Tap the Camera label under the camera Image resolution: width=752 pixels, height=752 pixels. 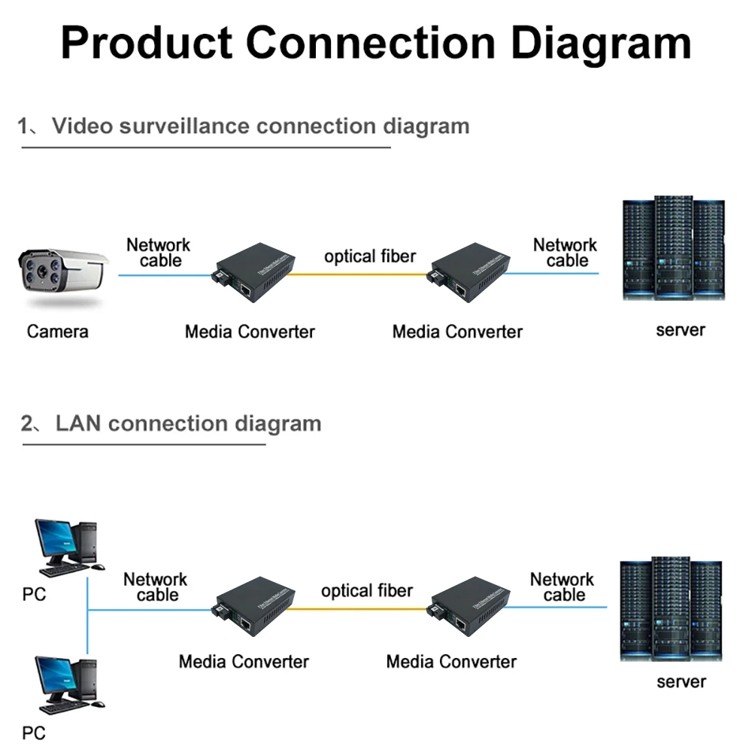[57, 331]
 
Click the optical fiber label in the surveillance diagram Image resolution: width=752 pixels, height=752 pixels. [369, 256]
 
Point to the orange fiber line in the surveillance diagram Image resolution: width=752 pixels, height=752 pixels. [361, 274]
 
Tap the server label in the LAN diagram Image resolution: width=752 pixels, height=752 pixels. [681, 681]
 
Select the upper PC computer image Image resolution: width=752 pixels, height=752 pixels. [66, 546]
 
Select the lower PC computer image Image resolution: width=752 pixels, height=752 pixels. [66, 684]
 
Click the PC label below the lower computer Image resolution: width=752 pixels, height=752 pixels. [34, 732]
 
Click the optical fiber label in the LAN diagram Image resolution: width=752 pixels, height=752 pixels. [367, 591]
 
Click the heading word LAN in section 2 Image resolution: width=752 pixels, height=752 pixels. [78, 423]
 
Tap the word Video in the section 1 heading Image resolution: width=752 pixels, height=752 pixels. [78, 126]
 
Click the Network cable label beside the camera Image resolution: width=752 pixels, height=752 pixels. [159, 253]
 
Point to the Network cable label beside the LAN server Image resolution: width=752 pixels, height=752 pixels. [562, 587]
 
